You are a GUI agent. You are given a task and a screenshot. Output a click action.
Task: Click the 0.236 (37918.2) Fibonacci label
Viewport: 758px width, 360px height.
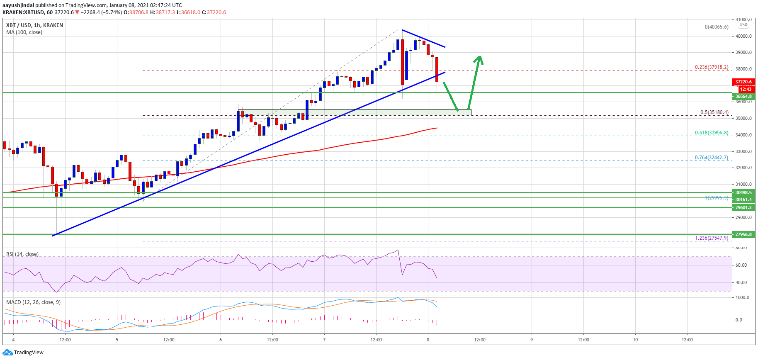coord(712,67)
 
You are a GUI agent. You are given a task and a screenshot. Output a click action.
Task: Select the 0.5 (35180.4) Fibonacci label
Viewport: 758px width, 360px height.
coord(714,112)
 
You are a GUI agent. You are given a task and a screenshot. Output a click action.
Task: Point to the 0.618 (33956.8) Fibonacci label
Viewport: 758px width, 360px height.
coord(712,133)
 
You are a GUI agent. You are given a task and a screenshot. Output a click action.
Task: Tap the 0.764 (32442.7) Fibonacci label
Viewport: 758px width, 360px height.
coord(712,158)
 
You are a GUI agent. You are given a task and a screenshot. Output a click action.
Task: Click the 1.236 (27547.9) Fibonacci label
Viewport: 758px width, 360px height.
coord(712,238)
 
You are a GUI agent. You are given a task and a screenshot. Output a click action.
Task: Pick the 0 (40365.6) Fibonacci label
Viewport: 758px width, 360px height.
coord(717,27)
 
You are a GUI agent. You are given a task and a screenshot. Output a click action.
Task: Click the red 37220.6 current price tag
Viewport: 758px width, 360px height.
coord(743,82)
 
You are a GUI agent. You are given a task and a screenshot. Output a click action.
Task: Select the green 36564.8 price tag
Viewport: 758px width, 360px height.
coord(743,96)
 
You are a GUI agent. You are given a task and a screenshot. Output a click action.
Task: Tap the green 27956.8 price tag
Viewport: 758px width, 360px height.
coord(743,234)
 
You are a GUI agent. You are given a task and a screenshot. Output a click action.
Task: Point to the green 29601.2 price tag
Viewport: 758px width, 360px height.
coord(743,207)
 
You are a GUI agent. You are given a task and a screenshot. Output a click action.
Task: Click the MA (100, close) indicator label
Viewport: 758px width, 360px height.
coord(24,32)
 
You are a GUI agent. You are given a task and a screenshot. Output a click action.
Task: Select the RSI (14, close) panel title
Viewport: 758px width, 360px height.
coord(22,254)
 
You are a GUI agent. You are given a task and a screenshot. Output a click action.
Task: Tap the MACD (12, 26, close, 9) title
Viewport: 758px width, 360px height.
coord(33,302)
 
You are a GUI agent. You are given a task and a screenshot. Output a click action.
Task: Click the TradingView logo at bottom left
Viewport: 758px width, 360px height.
coord(23,353)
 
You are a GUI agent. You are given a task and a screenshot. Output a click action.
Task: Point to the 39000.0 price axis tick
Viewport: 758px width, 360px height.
coord(743,52)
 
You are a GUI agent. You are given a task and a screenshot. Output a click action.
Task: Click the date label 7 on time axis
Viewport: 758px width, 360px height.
coord(324,340)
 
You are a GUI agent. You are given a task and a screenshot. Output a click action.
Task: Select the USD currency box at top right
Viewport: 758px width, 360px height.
coord(743,24)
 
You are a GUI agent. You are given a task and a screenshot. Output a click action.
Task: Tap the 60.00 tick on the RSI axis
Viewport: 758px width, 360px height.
coord(741,265)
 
